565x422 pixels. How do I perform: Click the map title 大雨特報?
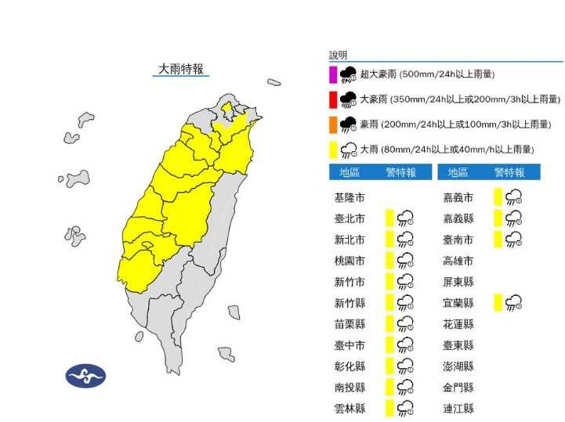181,69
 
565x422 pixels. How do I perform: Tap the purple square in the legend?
333,74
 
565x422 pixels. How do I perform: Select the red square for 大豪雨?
333,99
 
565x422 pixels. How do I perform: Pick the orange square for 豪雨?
333,124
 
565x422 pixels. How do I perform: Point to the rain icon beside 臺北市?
405,218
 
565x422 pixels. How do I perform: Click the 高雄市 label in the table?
458,260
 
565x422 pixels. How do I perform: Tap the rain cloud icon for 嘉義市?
513,197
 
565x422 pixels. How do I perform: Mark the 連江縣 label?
458,408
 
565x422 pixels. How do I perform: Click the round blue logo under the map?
85,376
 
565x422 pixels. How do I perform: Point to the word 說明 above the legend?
338,56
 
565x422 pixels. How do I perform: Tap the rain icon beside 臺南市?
513,239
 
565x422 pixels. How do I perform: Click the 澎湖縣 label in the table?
458,366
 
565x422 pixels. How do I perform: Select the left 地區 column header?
350,172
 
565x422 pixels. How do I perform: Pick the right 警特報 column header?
509,172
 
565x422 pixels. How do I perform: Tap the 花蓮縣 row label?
458,323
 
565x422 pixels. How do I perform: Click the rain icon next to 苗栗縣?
405,323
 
